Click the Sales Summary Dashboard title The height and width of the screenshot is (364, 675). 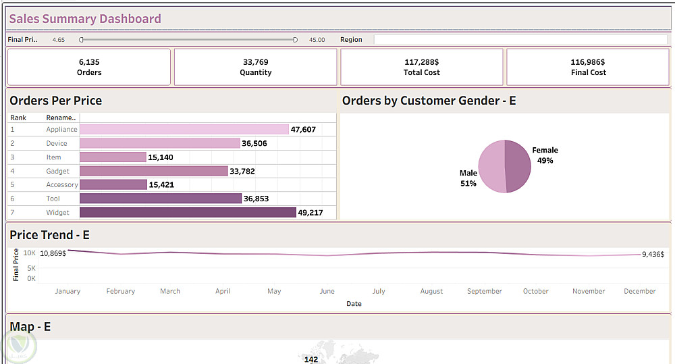pyautogui.click(x=85, y=19)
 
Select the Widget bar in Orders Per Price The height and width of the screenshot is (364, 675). pyautogui.click(x=188, y=212)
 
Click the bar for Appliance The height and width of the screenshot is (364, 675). pyautogui.click(x=184, y=129)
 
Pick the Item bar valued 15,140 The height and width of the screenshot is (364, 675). pyautogui.click(x=113, y=157)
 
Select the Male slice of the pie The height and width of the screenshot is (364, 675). pyautogui.click(x=491, y=167)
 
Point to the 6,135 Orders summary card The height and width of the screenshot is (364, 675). pyautogui.click(x=89, y=67)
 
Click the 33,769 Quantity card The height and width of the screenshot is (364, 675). pyautogui.click(x=256, y=67)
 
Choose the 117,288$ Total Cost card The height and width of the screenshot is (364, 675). pyautogui.click(x=422, y=67)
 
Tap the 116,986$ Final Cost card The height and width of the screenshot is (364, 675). pyautogui.click(x=589, y=67)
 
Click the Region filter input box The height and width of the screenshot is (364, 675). pyautogui.click(x=520, y=39)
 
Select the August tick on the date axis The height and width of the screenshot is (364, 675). pyautogui.click(x=431, y=291)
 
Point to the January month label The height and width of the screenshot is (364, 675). pyautogui.click(x=67, y=291)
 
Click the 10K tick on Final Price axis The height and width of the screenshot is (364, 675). pyautogui.click(x=30, y=253)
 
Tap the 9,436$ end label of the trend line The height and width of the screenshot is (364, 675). pyautogui.click(x=653, y=255)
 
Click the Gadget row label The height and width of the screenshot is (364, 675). pyautogui.click(x=58, y=171)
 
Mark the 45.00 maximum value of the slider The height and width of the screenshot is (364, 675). pyautogui.click(x=317, y=40)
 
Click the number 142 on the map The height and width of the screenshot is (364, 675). pyautogui.click(x=311, y=359)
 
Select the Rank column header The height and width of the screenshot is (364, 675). pyautogui.click(x=18, y=118)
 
